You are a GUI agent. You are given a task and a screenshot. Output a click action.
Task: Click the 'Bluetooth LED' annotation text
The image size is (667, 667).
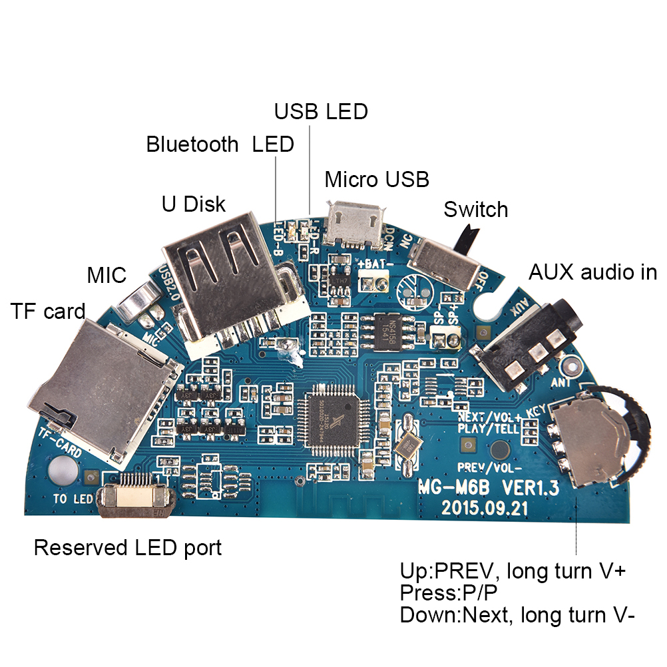click(x=220, y=144)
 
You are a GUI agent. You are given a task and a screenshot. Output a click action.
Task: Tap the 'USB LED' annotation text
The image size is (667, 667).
click(x=321, y=111)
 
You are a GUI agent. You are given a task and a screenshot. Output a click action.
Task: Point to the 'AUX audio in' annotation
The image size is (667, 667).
click(x=592, y=272)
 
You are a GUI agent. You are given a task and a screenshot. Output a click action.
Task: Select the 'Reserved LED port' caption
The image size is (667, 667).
click(x=128, y=548)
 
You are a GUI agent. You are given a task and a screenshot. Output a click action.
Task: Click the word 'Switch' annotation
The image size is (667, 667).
click(x=476, y=210)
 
